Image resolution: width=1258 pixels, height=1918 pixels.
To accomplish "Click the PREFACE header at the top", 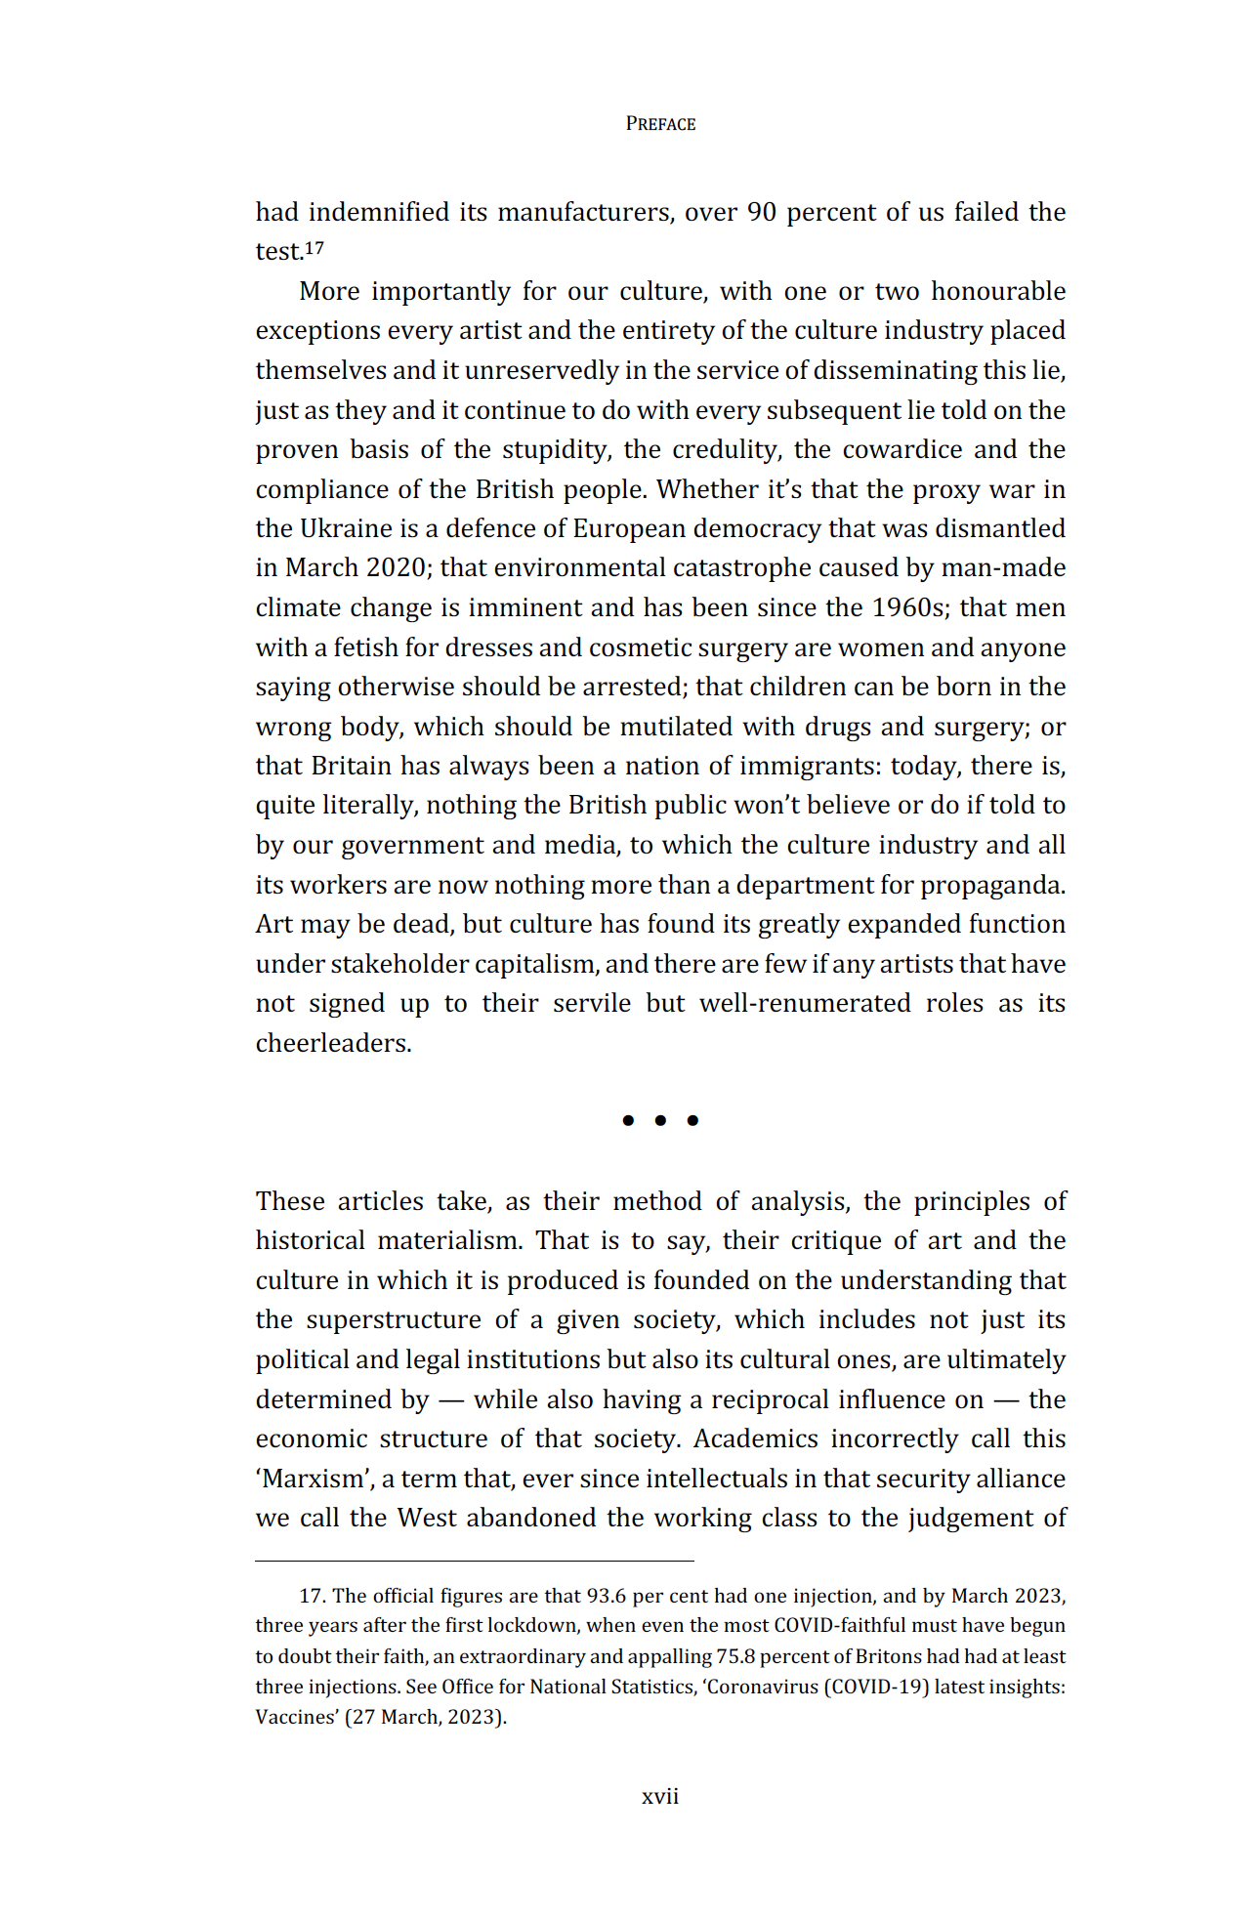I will pos(660,124).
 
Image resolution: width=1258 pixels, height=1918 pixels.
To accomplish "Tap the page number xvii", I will pos(660,1796).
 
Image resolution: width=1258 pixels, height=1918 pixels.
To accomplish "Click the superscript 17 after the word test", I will pos(314,248).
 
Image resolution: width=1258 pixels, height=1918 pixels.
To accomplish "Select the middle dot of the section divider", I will pos(660,1120).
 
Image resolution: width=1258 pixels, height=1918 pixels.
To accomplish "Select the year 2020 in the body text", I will pos(395,567).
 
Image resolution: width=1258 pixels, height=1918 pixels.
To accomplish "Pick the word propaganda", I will pos(991,885).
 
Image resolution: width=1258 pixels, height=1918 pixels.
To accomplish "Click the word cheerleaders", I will pos(333,1043).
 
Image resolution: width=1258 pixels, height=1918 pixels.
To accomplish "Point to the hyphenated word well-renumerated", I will pos(805,1003).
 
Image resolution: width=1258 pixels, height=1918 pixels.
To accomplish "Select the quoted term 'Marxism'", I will pos(314,1479).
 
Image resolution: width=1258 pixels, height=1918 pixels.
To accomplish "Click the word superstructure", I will pos(394,1319).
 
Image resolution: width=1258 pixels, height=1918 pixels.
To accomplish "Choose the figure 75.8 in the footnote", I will pos(735,1656).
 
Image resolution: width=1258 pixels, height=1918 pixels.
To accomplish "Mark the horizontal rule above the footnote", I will pos(475,1561).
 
